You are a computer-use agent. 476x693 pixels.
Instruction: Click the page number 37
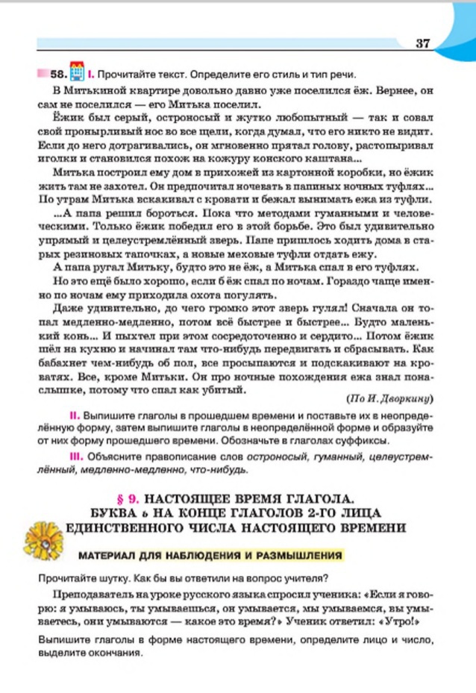pos(423,43)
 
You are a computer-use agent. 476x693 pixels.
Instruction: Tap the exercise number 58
pos(58,75)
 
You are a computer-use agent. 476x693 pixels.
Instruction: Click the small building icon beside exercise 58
pos(76,73)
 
